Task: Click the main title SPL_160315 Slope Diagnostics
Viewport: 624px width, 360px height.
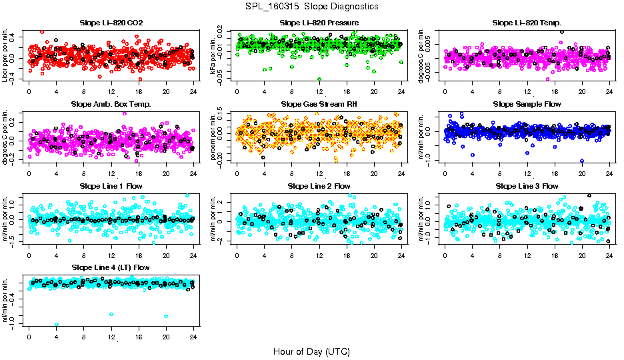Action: [x=312, y=6]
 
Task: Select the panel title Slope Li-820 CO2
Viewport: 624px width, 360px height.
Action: [x=111, y=23]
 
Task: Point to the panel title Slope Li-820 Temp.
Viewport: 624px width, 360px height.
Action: [x=527, y=23]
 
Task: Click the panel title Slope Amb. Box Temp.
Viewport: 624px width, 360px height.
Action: [x=111, y=104]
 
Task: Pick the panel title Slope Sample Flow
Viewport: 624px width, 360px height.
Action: [x=527, y=104]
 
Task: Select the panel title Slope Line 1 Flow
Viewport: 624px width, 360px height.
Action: [x=111, y=186]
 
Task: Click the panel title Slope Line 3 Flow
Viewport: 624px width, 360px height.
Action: [x=527, y=186]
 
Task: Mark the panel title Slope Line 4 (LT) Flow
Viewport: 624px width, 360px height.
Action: [x=111, y=267]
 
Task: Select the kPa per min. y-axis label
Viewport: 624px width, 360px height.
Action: [x=214, y=55]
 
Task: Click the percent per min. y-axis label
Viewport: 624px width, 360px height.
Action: [x=214, y=137]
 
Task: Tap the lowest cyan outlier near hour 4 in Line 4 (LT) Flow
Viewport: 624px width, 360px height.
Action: [x=57, y=325]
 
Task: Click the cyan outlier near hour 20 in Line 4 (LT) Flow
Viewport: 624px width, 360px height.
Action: [x=166, y=316]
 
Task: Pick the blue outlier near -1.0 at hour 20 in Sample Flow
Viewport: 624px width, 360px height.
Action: [x=582, y=161]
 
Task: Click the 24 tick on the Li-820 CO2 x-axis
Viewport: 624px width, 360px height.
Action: [x=193, y=91]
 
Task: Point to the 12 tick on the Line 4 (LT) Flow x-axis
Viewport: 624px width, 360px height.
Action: [x=111, y=337]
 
